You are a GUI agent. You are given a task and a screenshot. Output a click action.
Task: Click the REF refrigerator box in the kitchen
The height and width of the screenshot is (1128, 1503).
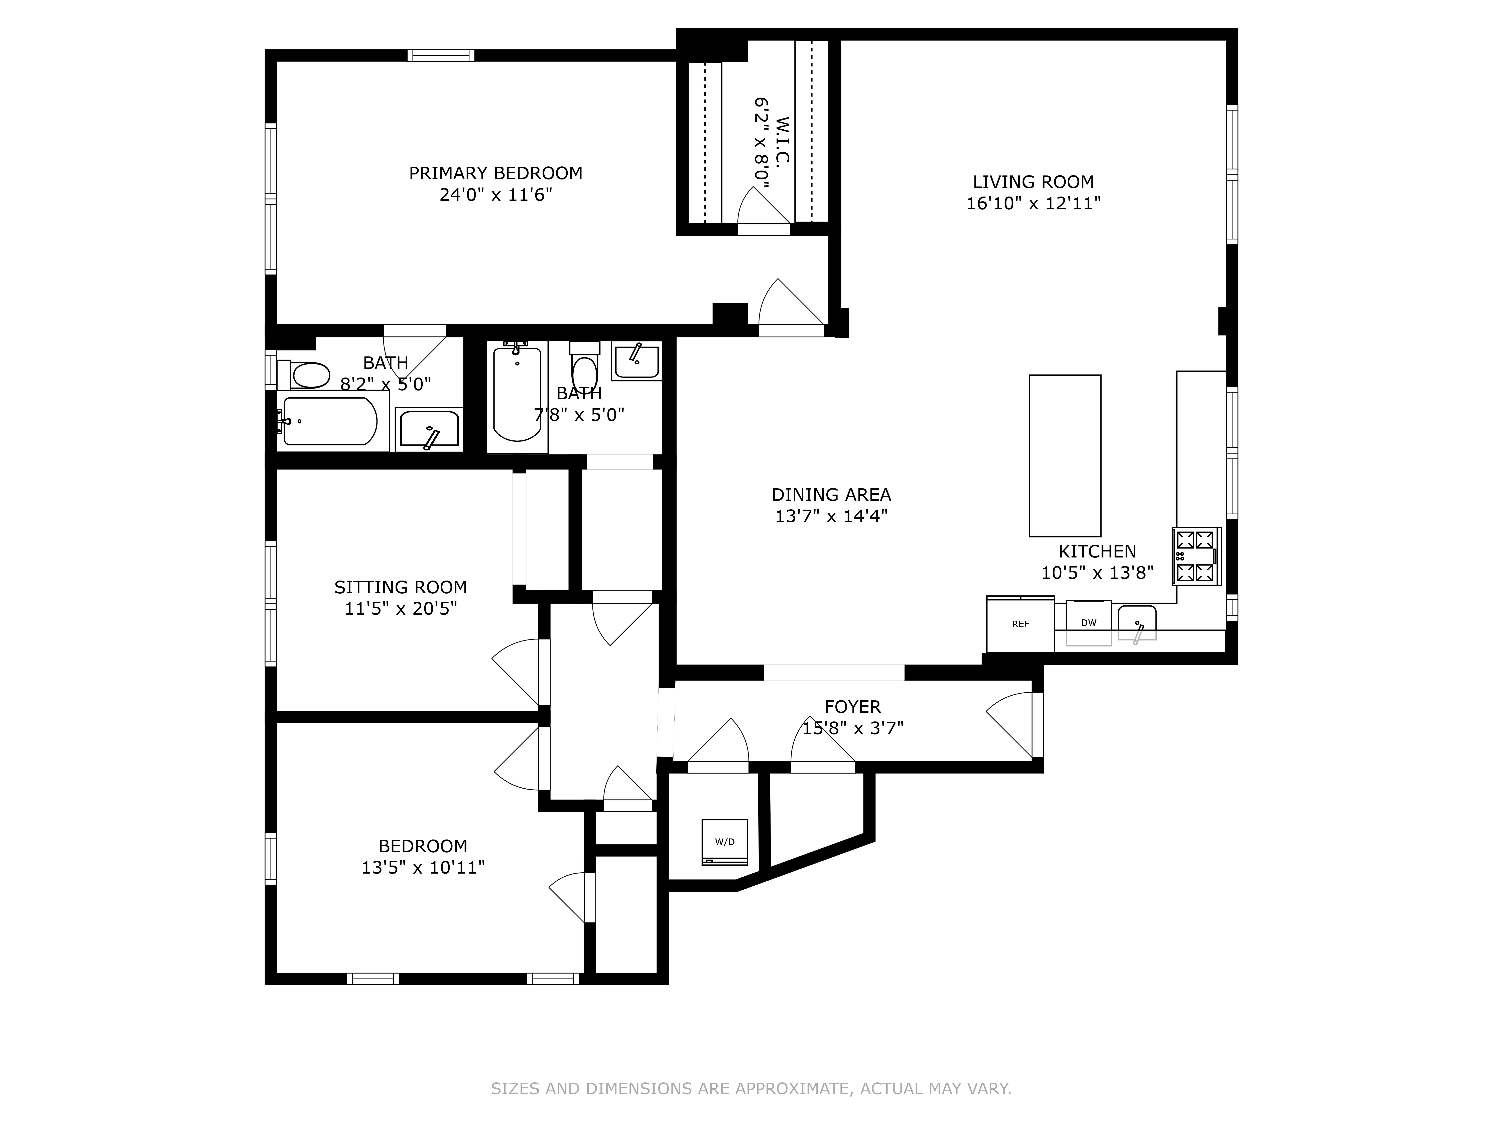click(x=1020, y=624)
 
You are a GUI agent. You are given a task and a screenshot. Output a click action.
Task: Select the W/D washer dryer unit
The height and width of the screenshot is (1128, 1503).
click(x=724, y=842)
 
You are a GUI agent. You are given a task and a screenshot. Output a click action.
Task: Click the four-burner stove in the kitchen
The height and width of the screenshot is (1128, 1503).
click(x=1196, y=556)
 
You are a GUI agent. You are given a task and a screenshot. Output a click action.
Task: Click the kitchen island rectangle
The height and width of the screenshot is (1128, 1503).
click(x=1065, y=455)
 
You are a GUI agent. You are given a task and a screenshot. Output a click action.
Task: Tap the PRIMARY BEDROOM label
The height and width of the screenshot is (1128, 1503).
click(x=495, y=173)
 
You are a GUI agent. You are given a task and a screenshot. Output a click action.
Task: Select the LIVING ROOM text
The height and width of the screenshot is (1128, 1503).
click(x=1033, y=182)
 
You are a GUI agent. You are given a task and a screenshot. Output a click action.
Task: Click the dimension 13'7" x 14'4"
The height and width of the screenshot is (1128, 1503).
click(x=831, y=516)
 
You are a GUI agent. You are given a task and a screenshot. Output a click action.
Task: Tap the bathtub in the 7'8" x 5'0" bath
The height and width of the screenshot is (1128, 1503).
click(x=517, y=394)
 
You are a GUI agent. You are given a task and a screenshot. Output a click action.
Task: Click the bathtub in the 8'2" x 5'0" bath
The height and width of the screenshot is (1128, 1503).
click(x=330, y=422)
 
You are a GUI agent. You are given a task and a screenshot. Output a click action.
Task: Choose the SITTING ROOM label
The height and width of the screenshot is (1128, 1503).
click(x=400, y=587)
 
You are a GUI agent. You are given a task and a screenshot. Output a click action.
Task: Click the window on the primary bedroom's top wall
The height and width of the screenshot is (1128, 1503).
click(x=441, y=56)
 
